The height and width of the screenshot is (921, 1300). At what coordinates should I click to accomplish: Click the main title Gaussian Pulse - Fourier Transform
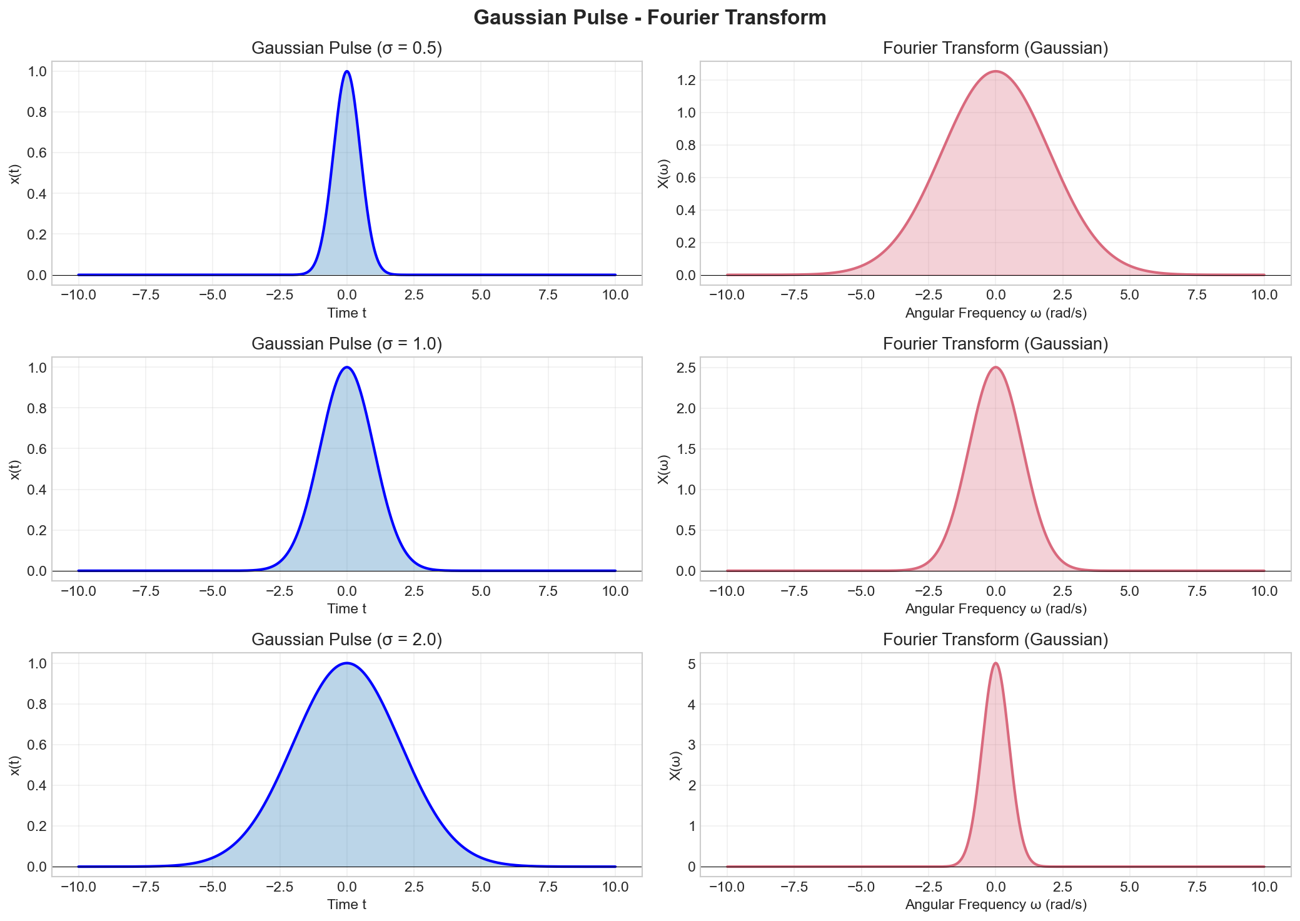pyautogui.click(x=650, y=18)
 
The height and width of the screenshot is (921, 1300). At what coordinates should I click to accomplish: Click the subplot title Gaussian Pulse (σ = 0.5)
pyautogui.click(x=346, y=48)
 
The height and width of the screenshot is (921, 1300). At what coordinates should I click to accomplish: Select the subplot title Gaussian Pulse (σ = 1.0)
pyautogui.click(x=346, y=344)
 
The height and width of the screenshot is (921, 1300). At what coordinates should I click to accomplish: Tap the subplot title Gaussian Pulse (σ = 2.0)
pyautogui.click(x=346, y=640)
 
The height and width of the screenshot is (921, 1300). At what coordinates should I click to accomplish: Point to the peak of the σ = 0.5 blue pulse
pyautogui.click(x=347, y=71)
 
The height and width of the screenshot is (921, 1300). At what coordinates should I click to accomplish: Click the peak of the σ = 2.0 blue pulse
pyautogui.click(x=347, y=663)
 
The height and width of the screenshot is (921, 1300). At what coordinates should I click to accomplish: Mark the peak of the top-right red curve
pyautogui.click(x=995, y=71)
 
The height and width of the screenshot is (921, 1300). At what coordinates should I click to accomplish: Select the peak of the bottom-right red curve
pyautogui.click(x=995, y=663)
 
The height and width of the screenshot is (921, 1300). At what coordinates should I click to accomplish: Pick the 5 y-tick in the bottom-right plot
pyautogui.click(x=690, y=663)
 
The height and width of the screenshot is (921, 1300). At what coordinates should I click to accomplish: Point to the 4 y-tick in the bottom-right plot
pyautogui.click(x=690, y=705)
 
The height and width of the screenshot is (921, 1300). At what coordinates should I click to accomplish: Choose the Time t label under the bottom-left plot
pyautogui.click(x=346, y=904)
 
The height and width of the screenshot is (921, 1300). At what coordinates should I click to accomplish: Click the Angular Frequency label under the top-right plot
pyautogui.click(x=995, y=313)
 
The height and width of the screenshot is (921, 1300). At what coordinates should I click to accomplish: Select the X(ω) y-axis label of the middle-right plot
pyautogui.click(x=663, y=469)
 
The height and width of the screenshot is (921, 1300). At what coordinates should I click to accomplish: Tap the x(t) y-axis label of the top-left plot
pyautogui.click(x=16, y=173)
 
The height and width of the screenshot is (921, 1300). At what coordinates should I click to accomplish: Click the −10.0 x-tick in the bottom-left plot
pyautogui.click(x=78, y=887)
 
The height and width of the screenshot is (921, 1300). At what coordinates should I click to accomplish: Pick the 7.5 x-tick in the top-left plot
pyautogui.click(x=548, y=295)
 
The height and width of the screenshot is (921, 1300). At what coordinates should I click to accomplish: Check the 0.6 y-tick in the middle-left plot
pyautogui.click(x=36, y=449)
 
